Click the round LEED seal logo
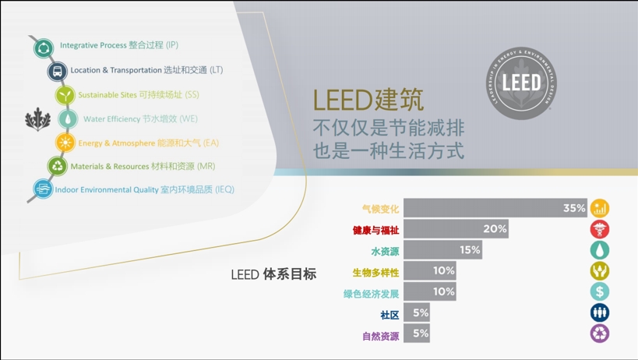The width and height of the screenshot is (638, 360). point(521,83)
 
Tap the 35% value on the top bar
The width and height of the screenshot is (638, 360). point(573,208)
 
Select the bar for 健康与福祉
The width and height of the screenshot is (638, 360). point(456,229)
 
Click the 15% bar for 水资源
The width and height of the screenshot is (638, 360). point(442,250)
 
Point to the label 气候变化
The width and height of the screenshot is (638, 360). point(380,209)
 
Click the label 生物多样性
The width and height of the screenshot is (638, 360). point(375,272)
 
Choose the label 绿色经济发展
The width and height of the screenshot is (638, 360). point(371,294)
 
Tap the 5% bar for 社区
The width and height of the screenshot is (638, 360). point(417,313)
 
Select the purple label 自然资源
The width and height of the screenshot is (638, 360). point(380,336)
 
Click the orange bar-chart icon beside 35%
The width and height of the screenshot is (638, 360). point(600,208)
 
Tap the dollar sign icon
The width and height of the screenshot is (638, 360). point(600,291)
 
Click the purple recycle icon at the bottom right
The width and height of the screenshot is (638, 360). point(600,334)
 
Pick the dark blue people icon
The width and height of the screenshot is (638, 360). point(600,312)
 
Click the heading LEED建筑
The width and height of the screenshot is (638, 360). point(368,101)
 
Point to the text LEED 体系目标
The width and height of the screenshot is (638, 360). point(273,274)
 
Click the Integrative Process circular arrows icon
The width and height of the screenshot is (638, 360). point(44,48)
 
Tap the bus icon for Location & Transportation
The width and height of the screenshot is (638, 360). point(57,72)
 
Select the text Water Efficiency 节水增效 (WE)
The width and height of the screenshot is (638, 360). point(140,119)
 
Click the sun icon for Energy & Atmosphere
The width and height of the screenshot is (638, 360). point(65,143)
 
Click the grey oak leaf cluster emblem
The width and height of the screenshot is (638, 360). point(37,120)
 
